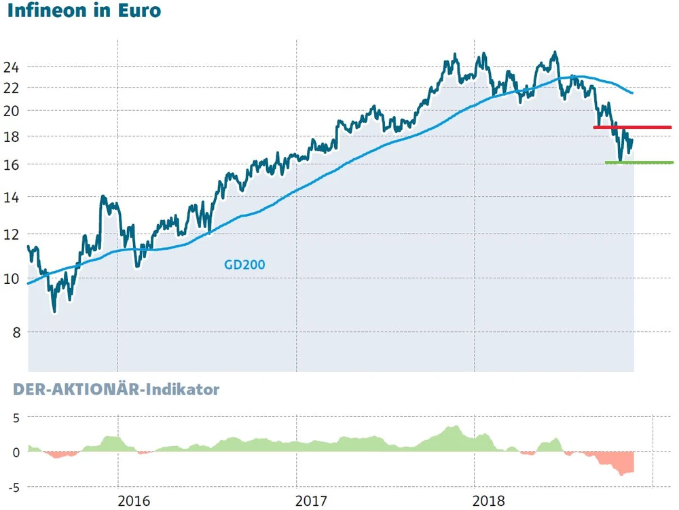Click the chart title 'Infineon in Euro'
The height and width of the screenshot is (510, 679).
point(84,12)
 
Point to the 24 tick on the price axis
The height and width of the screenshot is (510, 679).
point(11,67)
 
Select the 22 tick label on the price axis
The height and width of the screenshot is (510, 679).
point(11,88)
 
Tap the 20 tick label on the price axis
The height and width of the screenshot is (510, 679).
point(11,110)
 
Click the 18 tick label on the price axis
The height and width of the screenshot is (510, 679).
point(11,136)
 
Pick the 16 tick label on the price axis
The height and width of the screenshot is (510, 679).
point(11,164)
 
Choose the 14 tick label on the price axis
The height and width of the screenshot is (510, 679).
point(11,197)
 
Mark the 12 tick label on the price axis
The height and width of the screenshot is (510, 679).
point(11,234)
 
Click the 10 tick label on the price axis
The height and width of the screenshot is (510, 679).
point(11,278)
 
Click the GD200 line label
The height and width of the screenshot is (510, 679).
point(244,265)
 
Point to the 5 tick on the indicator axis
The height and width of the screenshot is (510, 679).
point(14,418)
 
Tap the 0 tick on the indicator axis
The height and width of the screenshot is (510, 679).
point(14,452)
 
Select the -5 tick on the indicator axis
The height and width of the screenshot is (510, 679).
point(12,487)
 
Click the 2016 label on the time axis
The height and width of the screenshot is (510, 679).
point(133,502)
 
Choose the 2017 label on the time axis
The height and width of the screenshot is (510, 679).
point(312,502)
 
